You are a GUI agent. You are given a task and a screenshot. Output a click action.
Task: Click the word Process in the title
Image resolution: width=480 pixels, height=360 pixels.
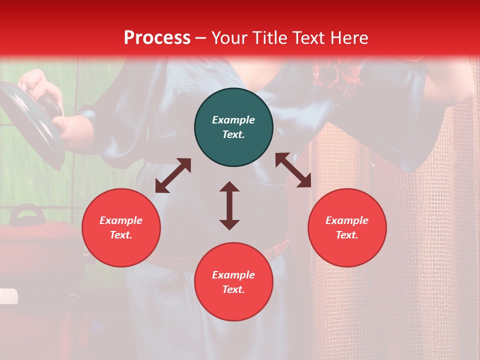(x=157, y=38)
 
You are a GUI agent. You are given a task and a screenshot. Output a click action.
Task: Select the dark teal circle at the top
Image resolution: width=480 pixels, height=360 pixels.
(x=233, y=127)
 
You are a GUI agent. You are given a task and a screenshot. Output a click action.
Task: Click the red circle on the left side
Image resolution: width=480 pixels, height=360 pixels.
(x=121, y=227)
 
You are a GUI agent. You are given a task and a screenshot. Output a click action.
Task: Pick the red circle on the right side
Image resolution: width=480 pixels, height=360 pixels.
(x=347, y=227)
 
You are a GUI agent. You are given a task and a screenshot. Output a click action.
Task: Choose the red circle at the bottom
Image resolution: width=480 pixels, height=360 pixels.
(x=233, y=282)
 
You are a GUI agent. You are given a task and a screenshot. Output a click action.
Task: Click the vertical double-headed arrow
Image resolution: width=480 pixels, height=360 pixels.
(x=229, y=205)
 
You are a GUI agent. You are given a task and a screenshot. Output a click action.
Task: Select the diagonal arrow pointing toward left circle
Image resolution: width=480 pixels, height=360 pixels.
(x=173, y=175)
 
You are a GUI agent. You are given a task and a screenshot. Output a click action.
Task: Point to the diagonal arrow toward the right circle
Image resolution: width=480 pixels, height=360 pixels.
(x=293, y=170)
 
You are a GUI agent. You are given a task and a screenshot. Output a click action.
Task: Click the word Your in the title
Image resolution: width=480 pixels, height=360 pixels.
(x=231, y=38)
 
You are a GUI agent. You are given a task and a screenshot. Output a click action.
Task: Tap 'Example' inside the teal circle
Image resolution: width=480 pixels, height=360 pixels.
(x=233, y=120)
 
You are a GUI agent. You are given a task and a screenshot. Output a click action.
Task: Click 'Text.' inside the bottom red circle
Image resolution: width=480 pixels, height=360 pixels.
(x=233, y=289)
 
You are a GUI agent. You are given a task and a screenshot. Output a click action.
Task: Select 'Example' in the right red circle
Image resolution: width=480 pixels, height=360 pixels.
(x=347, y=220)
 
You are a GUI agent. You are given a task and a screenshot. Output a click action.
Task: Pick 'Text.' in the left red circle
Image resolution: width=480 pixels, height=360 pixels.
(x=121, y=235)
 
